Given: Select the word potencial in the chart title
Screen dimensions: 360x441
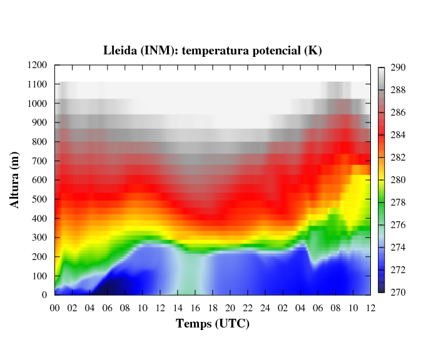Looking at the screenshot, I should pyautogui.click(x=275, y=51).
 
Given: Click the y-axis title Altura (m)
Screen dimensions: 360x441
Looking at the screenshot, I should pyautogui.click(x=16, y=180).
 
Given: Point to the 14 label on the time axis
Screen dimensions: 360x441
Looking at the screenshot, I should pyautogui.click(x=178, y=307).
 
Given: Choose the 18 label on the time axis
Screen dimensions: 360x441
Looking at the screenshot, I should pyautogui.click(x=213, y=307).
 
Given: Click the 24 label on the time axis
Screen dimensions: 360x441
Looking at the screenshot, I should pyautogui.click(x=265, y=307).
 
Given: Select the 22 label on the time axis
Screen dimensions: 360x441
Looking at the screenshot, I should pyautogui.click(x=248, y=307).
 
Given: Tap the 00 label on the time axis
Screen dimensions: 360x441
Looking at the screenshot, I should pyautogui.click(x=55, y=307).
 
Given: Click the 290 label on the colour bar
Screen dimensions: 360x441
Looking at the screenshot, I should pyautogui.click(x=398, y=67).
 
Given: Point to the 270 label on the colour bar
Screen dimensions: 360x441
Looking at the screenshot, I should pyautogui.click(x=398, y=292).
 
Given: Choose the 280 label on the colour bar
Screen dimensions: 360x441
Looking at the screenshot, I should pyautogui.click(x=398, y=180).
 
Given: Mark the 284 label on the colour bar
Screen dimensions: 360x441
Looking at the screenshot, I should pyautogui.click(x=398, y=135).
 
